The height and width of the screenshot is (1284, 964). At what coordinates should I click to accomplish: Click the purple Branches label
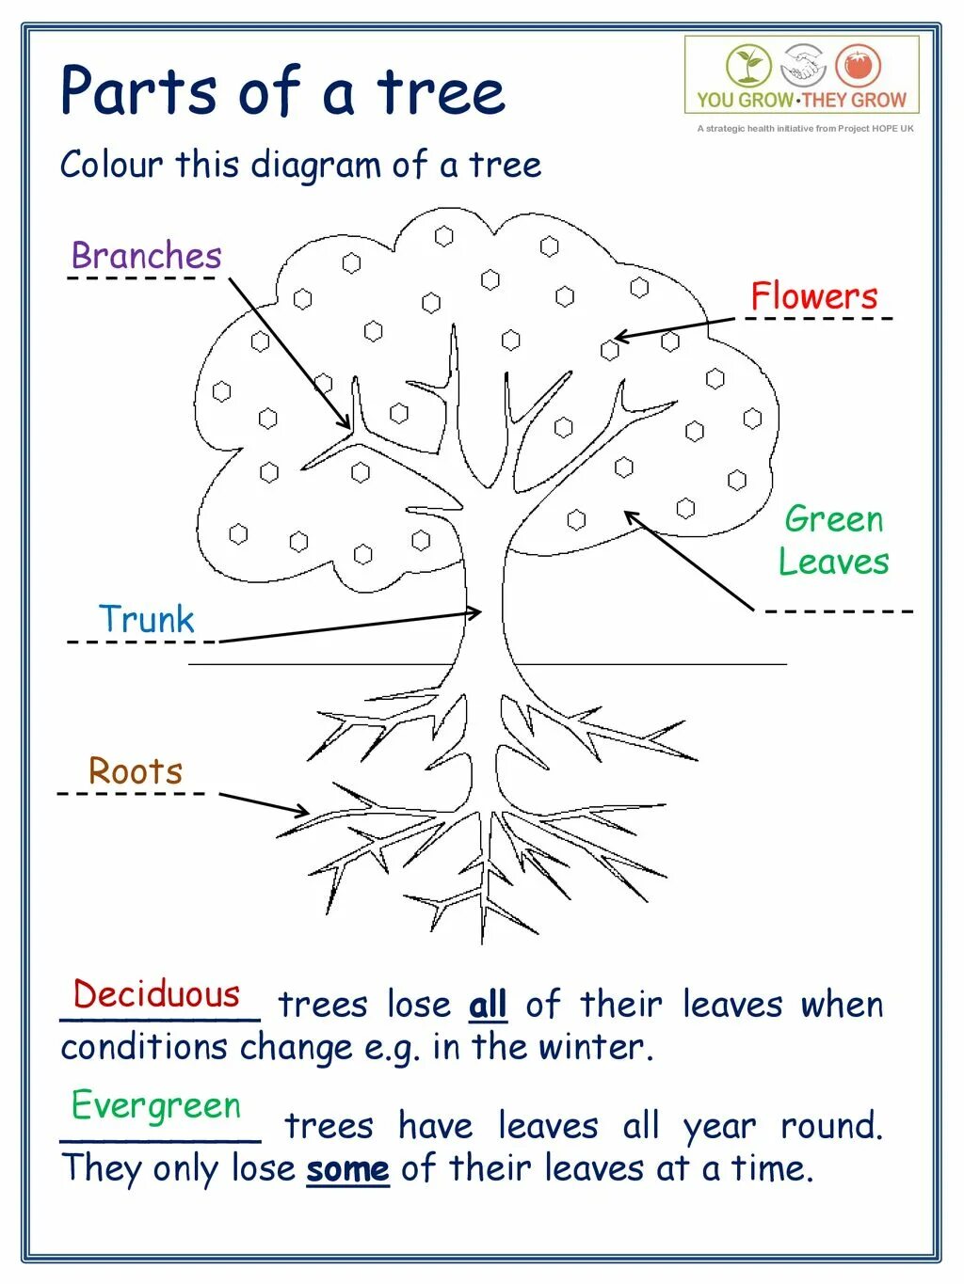point(146,256)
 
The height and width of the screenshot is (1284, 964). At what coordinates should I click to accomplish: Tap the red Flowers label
point(813,296)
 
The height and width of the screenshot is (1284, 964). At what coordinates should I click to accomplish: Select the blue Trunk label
point(146,619)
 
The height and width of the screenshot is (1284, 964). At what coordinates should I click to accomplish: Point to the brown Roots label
point(136,771)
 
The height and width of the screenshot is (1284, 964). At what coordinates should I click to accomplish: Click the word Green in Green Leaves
point(833,519)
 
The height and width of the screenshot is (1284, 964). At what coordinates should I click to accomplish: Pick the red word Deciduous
point(157,994)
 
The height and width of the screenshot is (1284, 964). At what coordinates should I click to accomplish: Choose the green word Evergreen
point(156,1105)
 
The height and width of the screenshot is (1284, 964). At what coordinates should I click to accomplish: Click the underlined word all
point(488,1005)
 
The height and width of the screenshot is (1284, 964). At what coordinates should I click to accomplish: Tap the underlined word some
point(347,1169)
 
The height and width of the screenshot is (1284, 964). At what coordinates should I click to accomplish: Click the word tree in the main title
point(442,92)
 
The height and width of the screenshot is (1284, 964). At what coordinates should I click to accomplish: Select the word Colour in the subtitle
point(111,165)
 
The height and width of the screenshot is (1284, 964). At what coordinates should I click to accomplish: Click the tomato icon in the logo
point(858,66)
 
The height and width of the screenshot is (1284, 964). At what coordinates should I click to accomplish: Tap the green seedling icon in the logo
point(748,66)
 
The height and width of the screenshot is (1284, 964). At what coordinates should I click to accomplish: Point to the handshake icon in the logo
point(803,66)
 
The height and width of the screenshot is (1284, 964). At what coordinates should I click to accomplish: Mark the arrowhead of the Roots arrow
point(304,812)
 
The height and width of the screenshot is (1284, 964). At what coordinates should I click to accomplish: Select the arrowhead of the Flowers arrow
point(619,337)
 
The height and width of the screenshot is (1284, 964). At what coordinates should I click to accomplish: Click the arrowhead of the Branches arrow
point(347,426)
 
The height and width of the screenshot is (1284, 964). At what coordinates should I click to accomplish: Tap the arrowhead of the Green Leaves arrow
point(630,515)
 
